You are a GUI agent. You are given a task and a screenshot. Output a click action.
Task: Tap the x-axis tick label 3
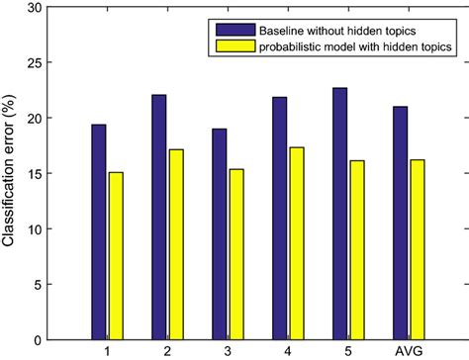pos(229,351)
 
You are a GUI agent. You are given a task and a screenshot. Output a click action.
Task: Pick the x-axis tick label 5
pos(350,351)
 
